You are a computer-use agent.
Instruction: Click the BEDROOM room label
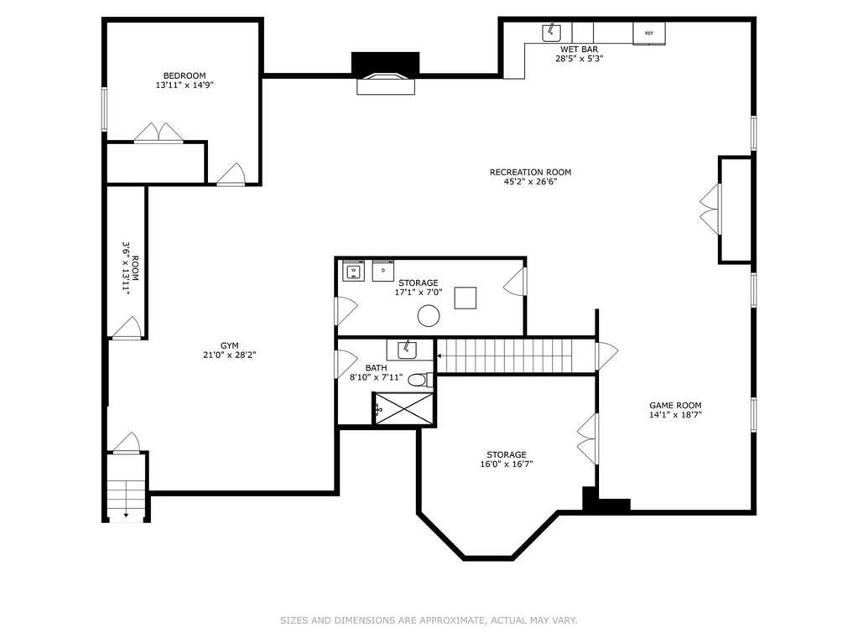pos(185,76)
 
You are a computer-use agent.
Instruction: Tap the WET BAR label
pos(579,49)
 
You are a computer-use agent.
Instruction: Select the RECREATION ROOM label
pos(530,172)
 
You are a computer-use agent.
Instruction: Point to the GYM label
pos(229,345)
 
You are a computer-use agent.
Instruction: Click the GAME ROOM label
pos(675,406)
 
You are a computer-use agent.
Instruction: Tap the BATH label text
pos(376,368)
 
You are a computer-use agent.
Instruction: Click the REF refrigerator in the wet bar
pos(649,34)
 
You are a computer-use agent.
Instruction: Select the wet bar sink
pos(552,33)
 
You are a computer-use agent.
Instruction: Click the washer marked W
pos(353,271)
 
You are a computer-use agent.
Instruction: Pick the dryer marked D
pos(383,271)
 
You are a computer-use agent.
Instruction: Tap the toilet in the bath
pos(421,379)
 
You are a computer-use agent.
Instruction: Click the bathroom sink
pos(407,350)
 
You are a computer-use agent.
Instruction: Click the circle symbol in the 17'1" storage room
pos(429,315)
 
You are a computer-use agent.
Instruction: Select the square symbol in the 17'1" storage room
pos(465,298)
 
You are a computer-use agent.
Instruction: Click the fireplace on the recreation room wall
pos(386,73)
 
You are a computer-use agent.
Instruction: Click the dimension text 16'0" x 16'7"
pos(506,464)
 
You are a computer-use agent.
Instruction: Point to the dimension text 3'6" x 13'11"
pos(126,268)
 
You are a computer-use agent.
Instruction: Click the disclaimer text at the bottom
pos(429,620)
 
